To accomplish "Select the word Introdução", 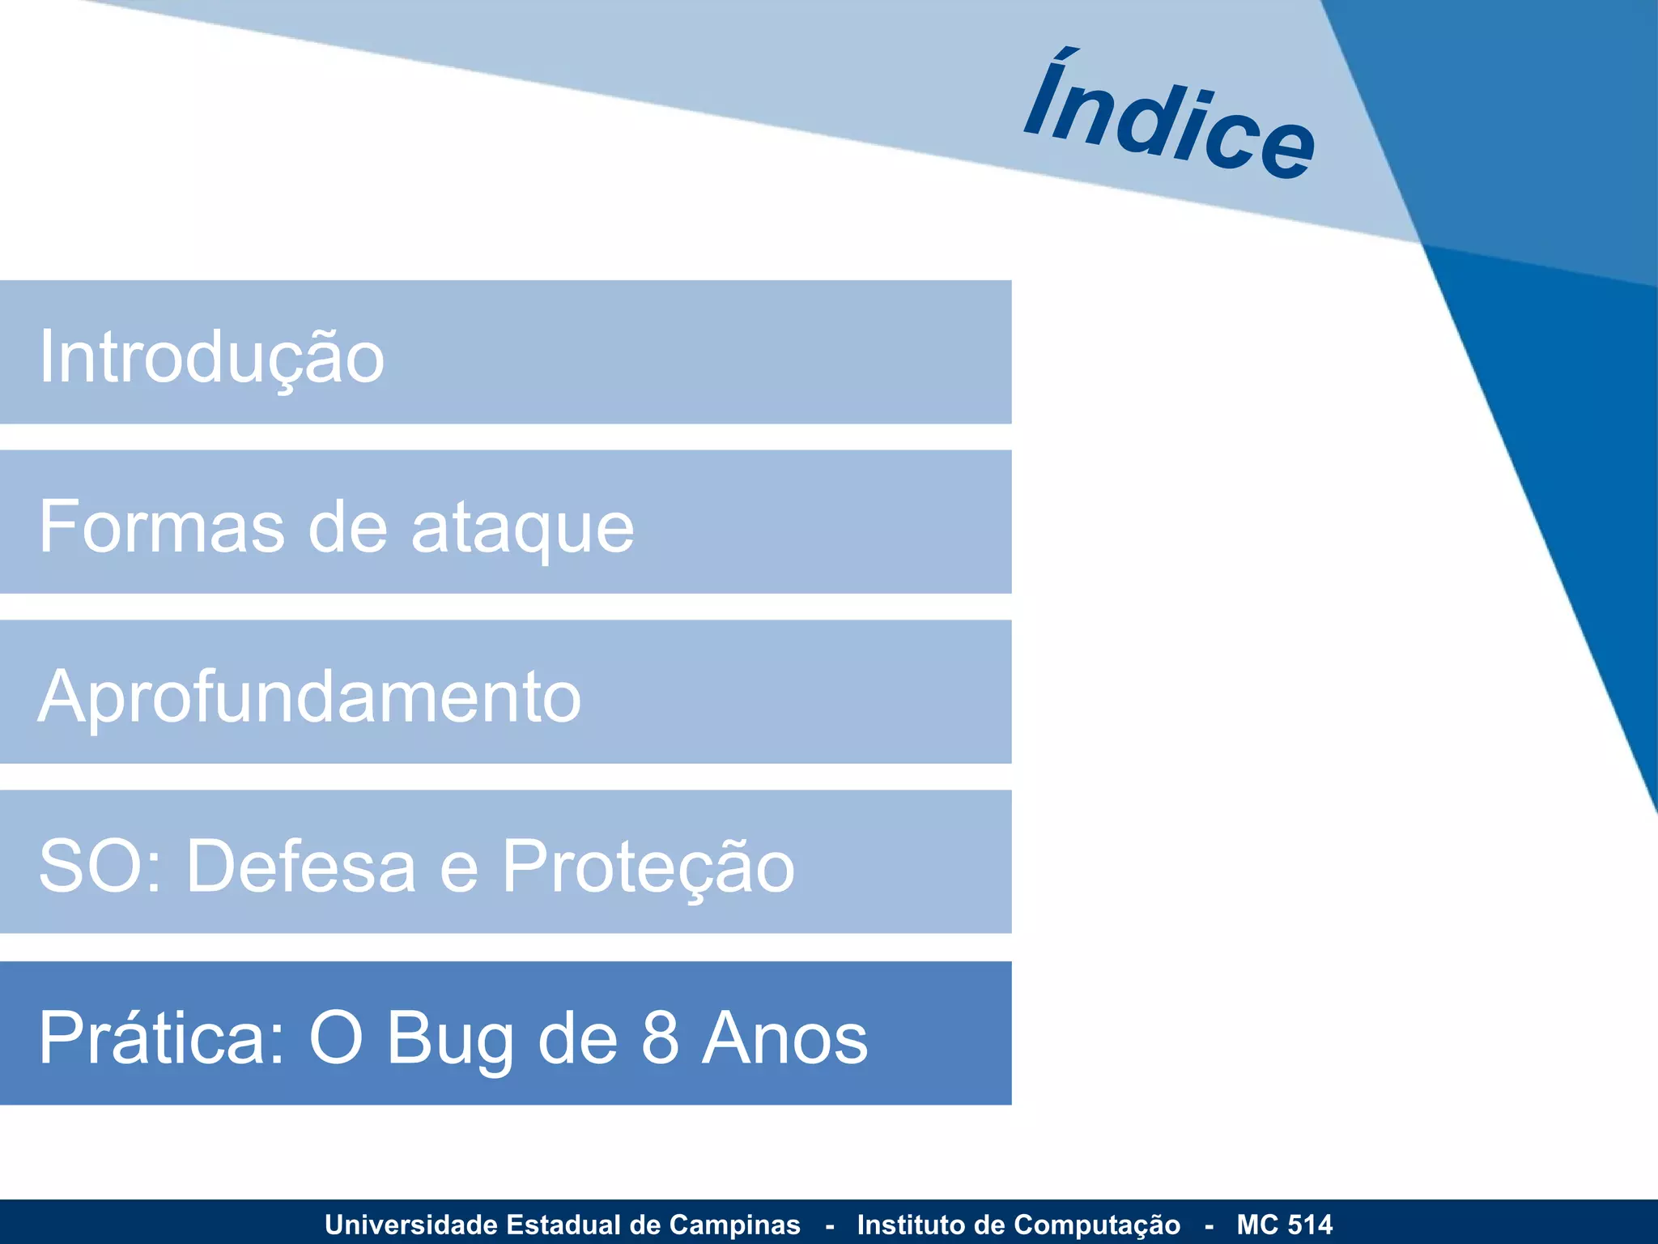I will [212, 357].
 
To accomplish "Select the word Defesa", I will [301, 866].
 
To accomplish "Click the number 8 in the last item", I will [660, 1037].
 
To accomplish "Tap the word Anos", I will [784, 1037].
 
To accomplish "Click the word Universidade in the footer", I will [411, 1225].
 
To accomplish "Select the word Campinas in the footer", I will [735, 1225].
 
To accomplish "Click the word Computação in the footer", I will [1096, 1225].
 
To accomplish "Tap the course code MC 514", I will [1284, 1225].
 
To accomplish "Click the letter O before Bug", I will [336, 1037].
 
